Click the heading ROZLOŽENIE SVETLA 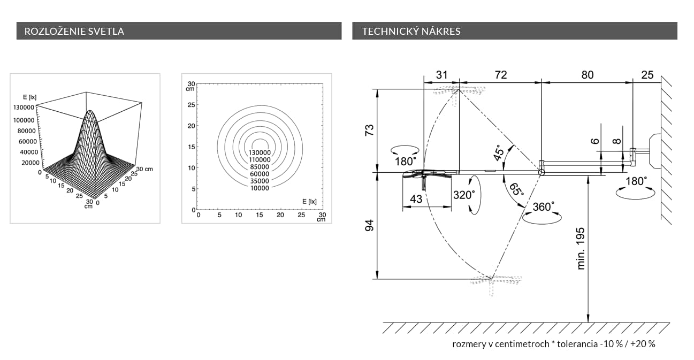74,31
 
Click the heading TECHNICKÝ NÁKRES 411,31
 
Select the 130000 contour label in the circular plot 260,153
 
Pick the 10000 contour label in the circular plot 260,188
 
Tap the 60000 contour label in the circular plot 260,174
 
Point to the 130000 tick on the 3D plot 24,108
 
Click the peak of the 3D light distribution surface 90,111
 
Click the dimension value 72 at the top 501,75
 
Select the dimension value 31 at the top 442,75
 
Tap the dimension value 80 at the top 588,75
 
